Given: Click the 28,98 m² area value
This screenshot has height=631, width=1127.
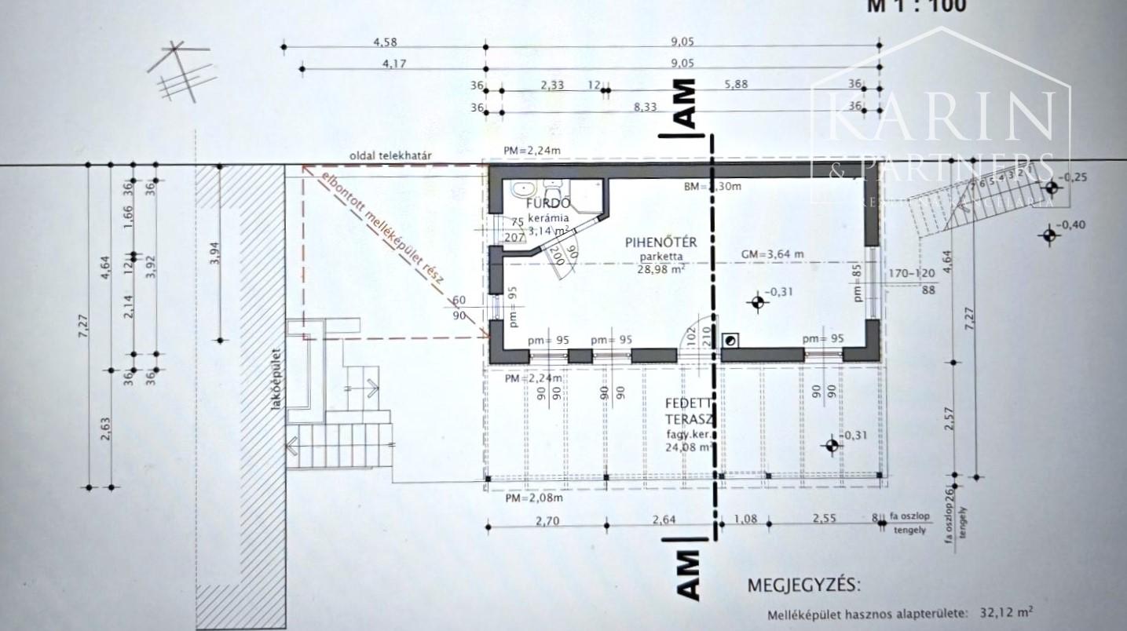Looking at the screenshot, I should (x=660, y=269).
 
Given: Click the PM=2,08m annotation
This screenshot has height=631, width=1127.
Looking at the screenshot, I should (x=533, y=498).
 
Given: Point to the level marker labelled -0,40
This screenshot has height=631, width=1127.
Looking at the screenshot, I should (x=1049, y=234).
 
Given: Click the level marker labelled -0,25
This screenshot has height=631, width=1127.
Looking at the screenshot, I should (x=1051, y=187).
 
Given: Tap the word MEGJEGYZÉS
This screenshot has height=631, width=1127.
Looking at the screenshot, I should (x=803, y=585).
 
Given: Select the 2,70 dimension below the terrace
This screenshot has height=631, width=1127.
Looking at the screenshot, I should (x=547, y=519).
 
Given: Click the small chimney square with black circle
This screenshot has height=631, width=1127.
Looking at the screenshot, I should (x=730, y=340).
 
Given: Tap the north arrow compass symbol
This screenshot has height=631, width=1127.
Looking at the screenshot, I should (x=182, y=72).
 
